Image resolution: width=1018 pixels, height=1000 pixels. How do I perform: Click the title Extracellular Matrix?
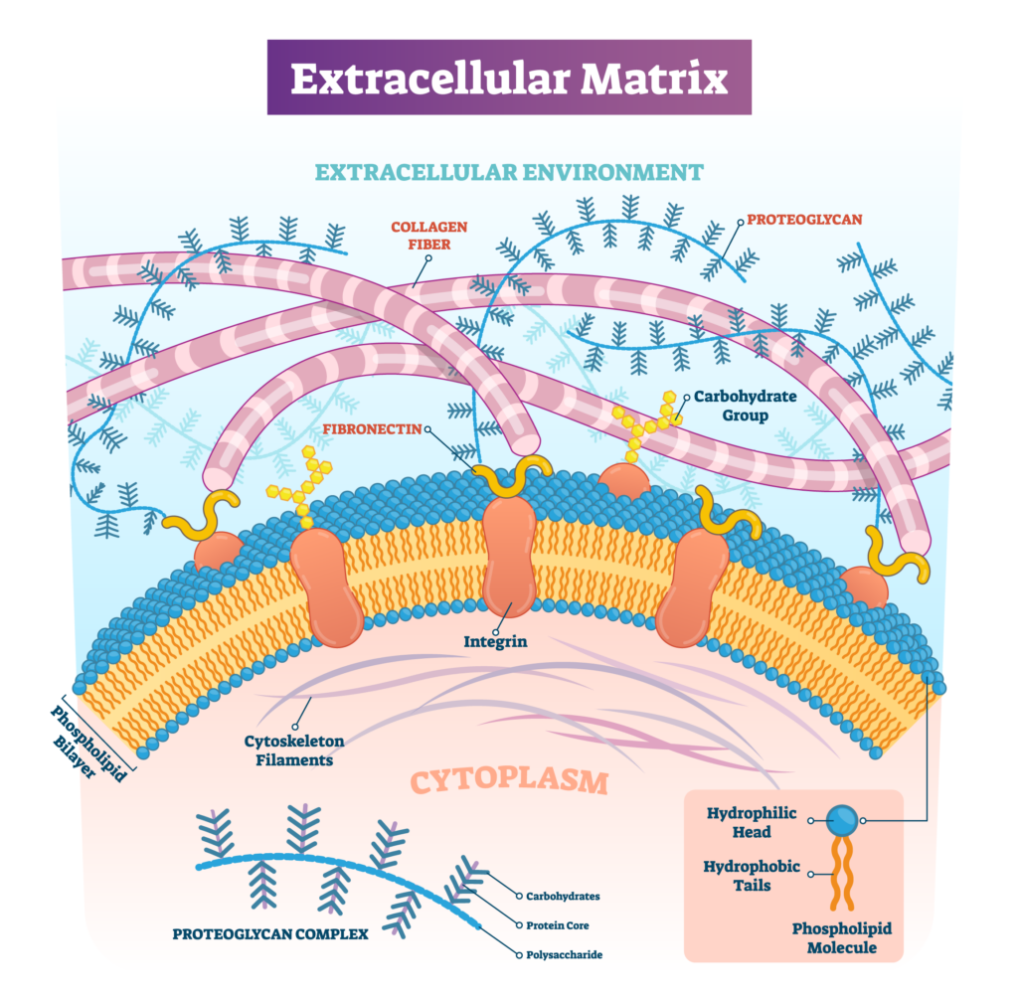coord(508,79)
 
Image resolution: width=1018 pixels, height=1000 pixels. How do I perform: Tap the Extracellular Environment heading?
coord(508,172)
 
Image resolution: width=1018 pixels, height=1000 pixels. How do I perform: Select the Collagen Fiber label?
coord(428,234)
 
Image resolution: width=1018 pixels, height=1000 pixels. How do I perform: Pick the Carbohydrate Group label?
coord(745,405)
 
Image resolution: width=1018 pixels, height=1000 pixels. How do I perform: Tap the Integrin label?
coord(495,641)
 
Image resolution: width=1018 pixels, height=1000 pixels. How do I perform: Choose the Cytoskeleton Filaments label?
coord(288,750)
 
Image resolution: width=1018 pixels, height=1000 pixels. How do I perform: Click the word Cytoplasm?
coord(508,781)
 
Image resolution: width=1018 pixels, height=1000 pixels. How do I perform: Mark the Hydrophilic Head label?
coord(753,822)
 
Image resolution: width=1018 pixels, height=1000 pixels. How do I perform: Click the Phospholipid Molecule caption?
coord(841,937)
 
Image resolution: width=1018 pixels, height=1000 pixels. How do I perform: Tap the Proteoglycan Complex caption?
coord(270,933)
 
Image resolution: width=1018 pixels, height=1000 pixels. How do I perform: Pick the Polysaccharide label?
coord(564,955)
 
